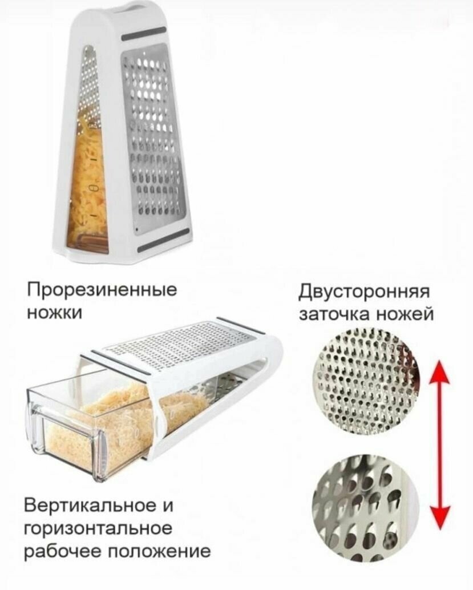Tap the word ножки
[x=54, y=313]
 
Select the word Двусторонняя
[x=364, y=293]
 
